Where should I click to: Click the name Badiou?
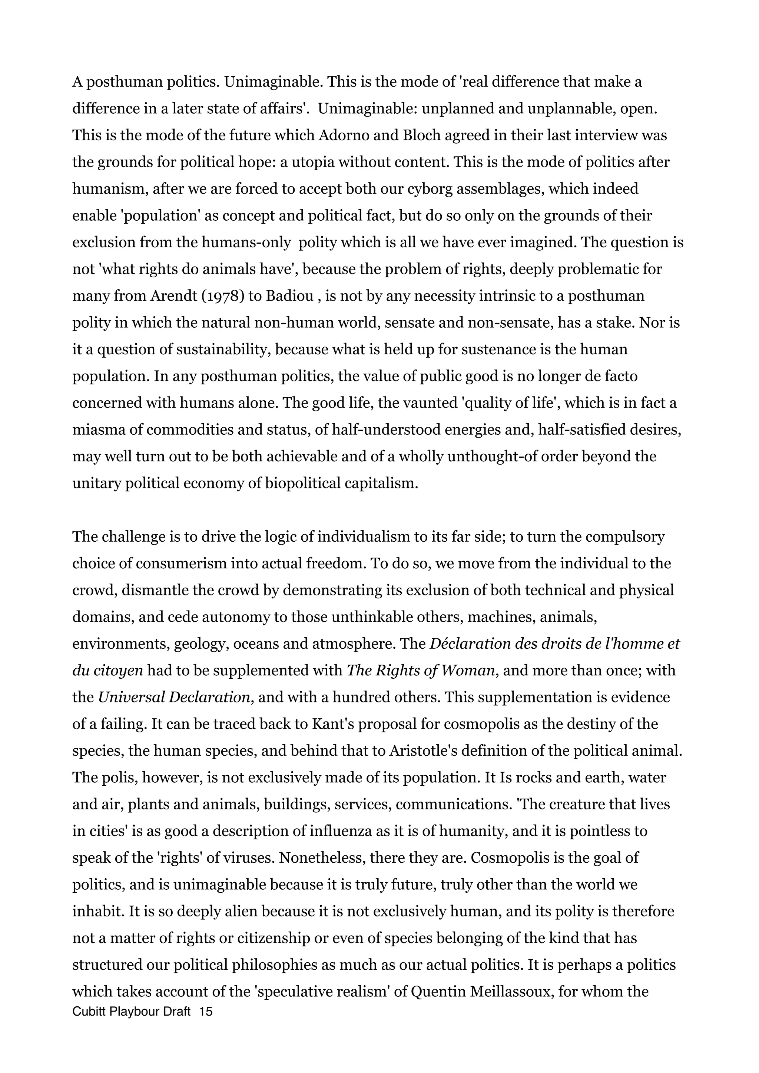289,296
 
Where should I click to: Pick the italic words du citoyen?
107,671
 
